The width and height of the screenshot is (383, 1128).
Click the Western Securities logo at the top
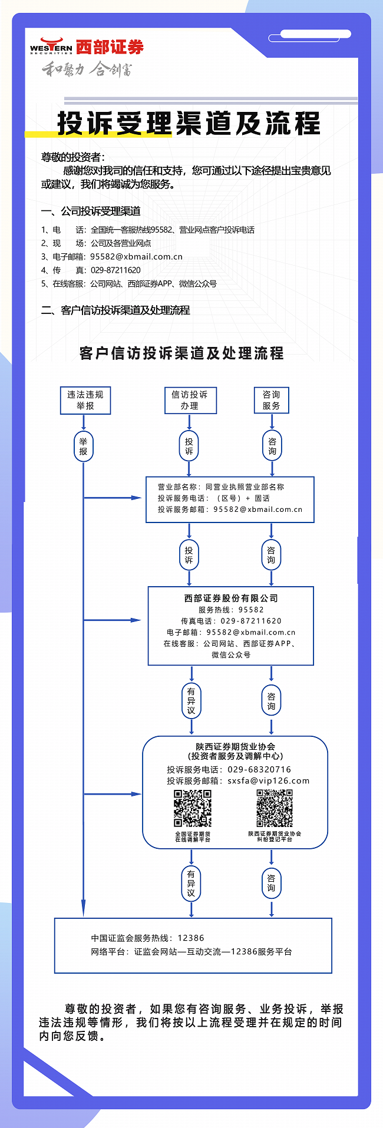pos(87,47)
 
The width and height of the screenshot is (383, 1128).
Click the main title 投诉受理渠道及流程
pos(189,124)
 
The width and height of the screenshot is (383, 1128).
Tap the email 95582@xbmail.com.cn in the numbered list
pos(136,257)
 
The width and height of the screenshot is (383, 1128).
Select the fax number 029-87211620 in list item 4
pos(115,270)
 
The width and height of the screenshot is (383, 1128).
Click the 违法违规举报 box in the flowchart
pos(85,401)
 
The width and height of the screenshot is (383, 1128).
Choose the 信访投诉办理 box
pos(190,401)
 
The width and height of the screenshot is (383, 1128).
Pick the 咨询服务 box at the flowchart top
pos(272,401)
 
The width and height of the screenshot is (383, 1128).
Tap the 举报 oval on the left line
pos(83,446)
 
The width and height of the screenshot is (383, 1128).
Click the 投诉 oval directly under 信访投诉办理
pos(189,446)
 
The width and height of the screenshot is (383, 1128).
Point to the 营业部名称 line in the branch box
pos(220,487)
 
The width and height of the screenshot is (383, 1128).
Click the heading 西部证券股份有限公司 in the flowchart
pos(231,598)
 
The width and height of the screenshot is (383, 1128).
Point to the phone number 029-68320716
pos(259,770)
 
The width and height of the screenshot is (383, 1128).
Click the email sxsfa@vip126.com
pos(269,781)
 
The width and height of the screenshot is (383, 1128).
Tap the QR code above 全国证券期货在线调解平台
pos(193,808)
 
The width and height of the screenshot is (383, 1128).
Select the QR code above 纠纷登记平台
pos(275,808)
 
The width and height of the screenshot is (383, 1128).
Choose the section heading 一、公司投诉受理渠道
pos(91,211)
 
